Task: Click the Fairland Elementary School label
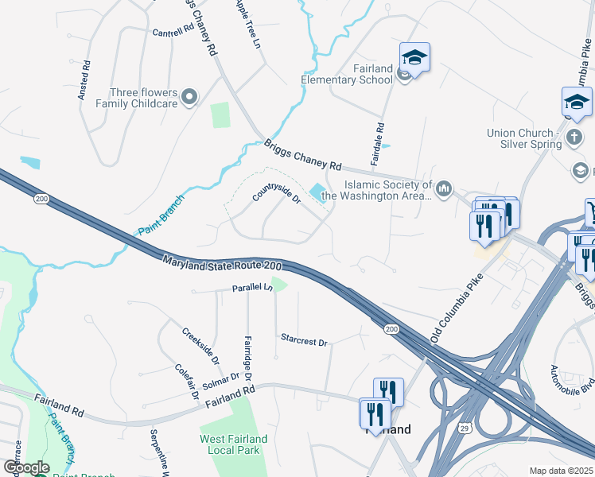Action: [x=347, y=74]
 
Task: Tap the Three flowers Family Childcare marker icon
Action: [x=189, y=98]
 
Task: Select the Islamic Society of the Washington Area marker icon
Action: [x=444, y=189]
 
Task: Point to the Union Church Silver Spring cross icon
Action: [x=574, y=138]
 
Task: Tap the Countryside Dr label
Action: [x=276, y=192]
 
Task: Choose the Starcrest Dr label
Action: [x=304, y=340]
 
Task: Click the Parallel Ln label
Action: [x=252, y=288]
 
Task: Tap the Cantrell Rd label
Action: [x=173, y=31]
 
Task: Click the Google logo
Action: [x=26, y=467]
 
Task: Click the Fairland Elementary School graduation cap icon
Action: [x=414, y=57]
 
